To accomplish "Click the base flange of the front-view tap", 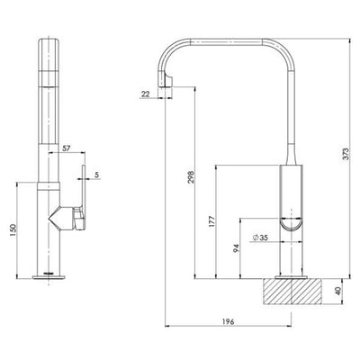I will click(x=46, y=275).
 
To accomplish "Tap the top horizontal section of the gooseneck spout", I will click(x=225, y=40).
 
